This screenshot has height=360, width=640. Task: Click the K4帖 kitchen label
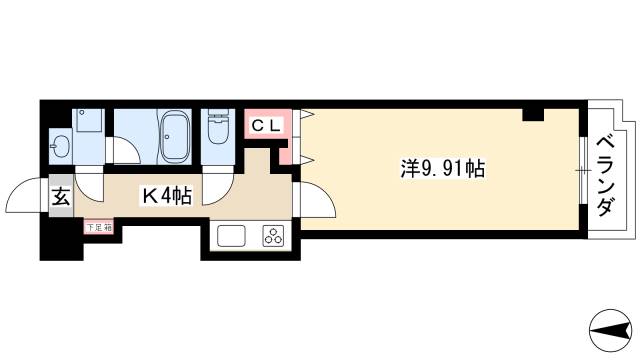(x=165, y=197)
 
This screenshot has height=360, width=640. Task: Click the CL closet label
(x=265, y=126)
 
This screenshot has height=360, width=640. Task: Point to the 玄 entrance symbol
(x=60, y=197)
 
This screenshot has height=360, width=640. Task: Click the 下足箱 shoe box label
(x=98, y=227)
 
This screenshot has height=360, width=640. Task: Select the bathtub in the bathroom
(x=174, y=136)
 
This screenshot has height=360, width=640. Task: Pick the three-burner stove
(x=274, y=237)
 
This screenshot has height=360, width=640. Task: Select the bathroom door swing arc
(x=124, y=151)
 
